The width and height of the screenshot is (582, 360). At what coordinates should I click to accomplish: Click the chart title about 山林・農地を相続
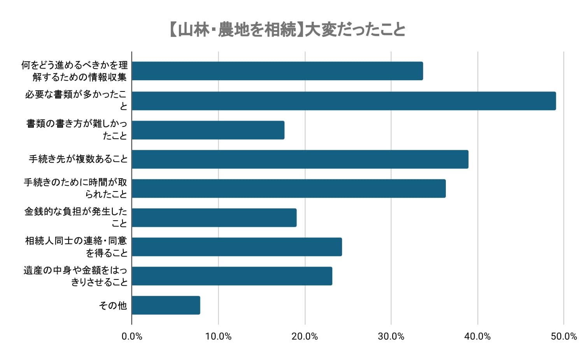click(x=287, y=30)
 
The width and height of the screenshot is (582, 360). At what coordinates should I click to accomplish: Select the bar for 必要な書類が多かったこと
click(x=344, y=101)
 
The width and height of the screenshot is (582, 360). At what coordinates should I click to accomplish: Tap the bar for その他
click(x=166, y=305)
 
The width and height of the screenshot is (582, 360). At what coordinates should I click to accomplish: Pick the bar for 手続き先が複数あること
click(x=300, y=159)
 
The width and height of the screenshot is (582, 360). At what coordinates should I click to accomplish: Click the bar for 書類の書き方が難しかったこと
click(x=208, y=130)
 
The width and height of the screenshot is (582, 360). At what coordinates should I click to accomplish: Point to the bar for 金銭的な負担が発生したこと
click(x=214, y=218)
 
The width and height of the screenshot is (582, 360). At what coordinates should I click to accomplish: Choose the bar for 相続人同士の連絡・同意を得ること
click(x=237, y=247)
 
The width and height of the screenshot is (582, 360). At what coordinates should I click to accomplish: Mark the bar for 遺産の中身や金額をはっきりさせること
click(x=232, y=276)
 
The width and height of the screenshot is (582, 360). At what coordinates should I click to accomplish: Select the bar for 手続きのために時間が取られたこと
click(x=289, y=188)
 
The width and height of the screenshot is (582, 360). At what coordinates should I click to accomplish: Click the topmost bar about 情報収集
click(x=277, y=71)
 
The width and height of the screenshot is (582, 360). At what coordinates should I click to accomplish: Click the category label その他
click(x=113, y=306)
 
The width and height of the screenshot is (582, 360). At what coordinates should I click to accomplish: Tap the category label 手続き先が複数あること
click(x=78, y=159)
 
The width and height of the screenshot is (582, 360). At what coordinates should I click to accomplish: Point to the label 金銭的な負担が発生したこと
click(x=76, y=217)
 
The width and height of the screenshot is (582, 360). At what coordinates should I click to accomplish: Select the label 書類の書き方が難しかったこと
click(x=77, y=130)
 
